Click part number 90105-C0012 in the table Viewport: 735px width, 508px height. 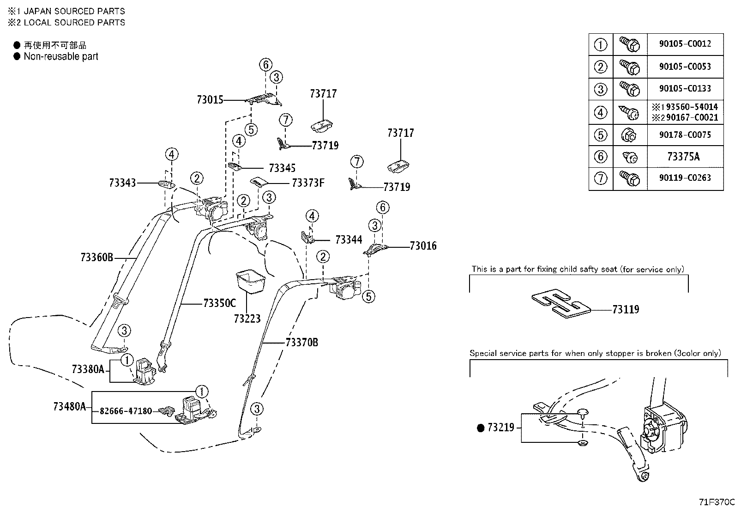[685, 44]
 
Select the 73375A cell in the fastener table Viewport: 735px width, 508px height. [683, 156]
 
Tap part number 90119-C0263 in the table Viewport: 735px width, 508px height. [685, 178]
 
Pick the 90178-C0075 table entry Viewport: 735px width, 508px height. [685, 135]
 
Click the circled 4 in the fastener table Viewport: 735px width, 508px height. [601, 112]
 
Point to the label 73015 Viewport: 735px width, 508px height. [210, 99]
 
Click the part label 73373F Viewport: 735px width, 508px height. [308, 183]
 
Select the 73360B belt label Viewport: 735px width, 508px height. [97, 257]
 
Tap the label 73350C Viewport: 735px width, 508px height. [219, 303]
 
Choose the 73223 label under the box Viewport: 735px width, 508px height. [247, 318]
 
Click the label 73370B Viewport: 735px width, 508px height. [302, 343]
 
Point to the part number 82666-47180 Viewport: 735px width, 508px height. [126, 411]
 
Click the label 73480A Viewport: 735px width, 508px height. [70, 406]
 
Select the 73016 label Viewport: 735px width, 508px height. [423, 245]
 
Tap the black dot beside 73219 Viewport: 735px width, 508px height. [480, 428]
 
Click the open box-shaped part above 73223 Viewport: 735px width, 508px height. [251, 282]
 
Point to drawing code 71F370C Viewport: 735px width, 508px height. [717, 502]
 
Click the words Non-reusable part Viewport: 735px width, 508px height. [61, 56]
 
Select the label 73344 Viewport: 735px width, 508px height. [349, 239]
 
